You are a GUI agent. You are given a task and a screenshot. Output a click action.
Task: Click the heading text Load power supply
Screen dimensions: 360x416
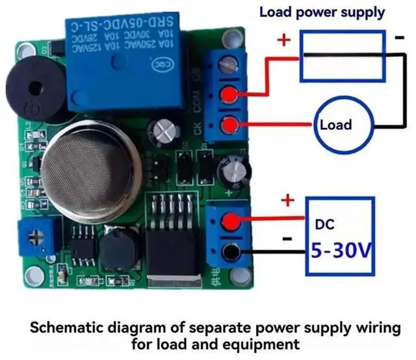322,12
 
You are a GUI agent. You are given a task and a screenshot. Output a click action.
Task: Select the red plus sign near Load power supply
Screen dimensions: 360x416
284,40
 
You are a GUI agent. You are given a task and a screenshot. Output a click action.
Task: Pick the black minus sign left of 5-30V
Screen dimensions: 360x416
286,238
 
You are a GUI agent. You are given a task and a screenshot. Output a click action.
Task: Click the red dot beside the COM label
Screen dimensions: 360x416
228,95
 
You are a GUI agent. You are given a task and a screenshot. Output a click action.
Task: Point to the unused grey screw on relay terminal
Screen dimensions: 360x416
227,64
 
